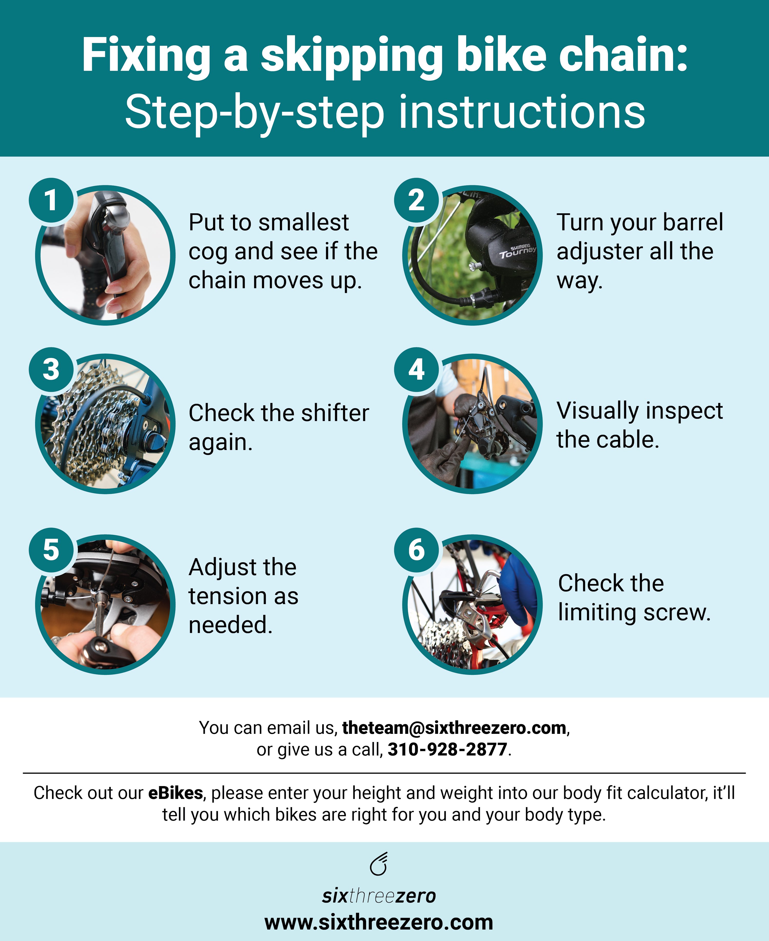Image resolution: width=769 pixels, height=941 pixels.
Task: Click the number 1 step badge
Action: pos(51,200)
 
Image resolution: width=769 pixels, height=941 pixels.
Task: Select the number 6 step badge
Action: pos(416,550)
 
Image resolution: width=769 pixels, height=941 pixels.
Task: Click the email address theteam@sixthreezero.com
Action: pos(454,728)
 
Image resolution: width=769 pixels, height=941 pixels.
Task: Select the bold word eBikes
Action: pos(175,793)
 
